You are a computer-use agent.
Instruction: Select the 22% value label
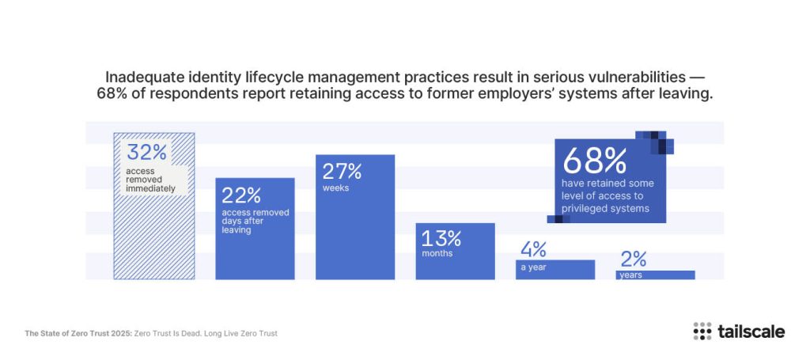242,195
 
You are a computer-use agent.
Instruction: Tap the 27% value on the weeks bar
342,171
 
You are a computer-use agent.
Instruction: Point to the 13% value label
441,237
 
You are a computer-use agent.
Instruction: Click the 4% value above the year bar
533,249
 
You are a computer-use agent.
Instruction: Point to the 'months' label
437,254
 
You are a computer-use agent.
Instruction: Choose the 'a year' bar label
533,267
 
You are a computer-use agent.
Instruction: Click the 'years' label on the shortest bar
630,275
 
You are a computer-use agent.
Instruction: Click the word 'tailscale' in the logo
751,332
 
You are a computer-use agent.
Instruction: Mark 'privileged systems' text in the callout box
605,209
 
